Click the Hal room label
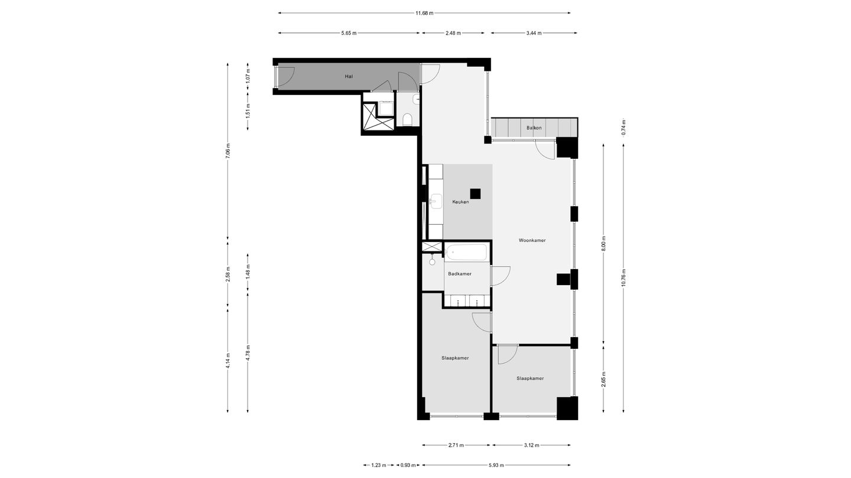pyautogui.click(x=349, y=76)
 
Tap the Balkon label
pyautogui.click(x=534, y=127)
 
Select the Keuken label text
pyautogui.click(x=460, y=202)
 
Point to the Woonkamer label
pyautogui.click(x=532, y=240)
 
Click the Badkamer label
pyautogui.click(x=459, y=274)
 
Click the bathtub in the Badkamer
pyautogui.click(x=466, y=253)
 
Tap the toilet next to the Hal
pyautogui.click(x=407, y=120)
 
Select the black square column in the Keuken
pyautogui.click(x=475, y=193)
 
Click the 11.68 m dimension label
pyautogui.click(x=424, y=13)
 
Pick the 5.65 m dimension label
pyautogui.click(x=349, y=33)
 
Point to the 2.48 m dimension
pyautogui.click(x=453, y=33)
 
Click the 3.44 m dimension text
pyautogui.click(x=534, y=33)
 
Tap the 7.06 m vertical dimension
pyautogui.click(x=228, y=152)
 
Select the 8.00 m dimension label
pyautogui.click(x=603, y=243)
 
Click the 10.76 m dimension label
pyautogui.click(x=623, y=277)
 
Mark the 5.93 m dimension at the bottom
pyautogui.click(x=496, y=465)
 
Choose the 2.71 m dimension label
pyautogui.click(x=456, y=445)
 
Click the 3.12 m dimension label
pyautogui.click(x=531, y=445)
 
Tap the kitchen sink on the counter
pyautogui.click(x=437, y=201)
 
